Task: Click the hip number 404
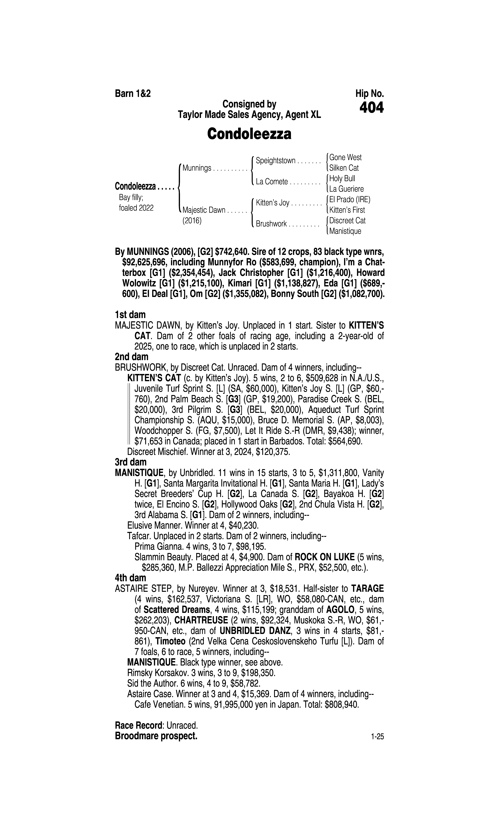tap(371, 108)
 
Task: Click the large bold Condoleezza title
tap(249, 134)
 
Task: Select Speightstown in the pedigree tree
tap(275, 161)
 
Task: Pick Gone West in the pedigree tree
tap(345, 157)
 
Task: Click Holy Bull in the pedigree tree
tap(342, 178)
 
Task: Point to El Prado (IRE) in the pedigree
tap(350, 200)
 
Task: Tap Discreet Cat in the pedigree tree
tap(347, 221)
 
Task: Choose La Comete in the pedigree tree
tap(272, 182)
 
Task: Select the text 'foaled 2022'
tap(136, 208)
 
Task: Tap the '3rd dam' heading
tap(131, 462)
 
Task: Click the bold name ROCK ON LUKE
tap(324, 557)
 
